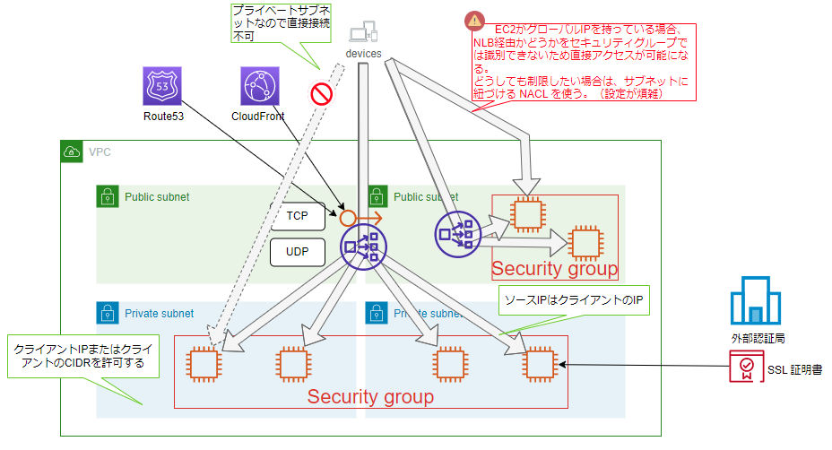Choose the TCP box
click(x=297, y=216)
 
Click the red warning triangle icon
click(x=472, y=21)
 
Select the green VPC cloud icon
click(x=72, y=151)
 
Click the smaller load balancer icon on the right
click(x=456, y=232)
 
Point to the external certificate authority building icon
click(x=749, y=300)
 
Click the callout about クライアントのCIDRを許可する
click(x=79, y=357)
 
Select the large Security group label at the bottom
click(x=370, y=395)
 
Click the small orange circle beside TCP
click(x=347, y=217)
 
